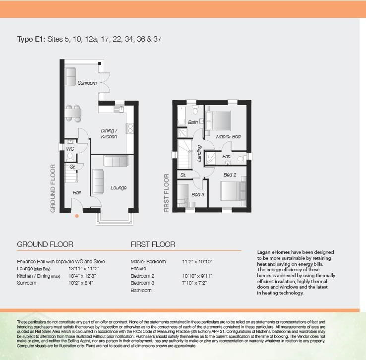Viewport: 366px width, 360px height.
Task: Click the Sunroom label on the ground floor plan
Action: (87, 83)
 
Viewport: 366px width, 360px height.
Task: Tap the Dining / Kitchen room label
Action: (109, 133)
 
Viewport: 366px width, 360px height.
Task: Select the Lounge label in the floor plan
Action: (119, 187)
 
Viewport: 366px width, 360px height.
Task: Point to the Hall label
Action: (77, 192)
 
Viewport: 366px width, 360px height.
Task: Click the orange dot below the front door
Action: (77, 216)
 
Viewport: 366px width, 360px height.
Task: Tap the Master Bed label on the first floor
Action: (228, 136)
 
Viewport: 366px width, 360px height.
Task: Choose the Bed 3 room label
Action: (198, 194)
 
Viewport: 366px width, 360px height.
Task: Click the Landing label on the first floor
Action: (199, 153)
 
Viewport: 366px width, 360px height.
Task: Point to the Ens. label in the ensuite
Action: (227, 156)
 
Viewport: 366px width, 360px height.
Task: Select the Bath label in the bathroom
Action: (193, 122)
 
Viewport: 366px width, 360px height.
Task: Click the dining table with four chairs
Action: (73, 114)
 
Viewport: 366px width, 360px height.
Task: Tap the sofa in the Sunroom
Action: (70, 77)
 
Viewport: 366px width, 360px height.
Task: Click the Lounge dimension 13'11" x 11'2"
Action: (84, 269)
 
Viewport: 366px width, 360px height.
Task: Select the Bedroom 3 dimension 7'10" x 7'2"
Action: (194, 283)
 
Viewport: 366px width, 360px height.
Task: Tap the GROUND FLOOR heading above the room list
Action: (45, 244)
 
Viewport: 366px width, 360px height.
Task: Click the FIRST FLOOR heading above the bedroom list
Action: (153, 244)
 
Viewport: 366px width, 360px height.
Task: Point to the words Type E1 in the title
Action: (31, 39)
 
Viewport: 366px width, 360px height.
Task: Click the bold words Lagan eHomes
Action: (273, 252)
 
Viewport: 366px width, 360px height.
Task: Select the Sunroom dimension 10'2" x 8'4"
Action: (80, 283)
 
